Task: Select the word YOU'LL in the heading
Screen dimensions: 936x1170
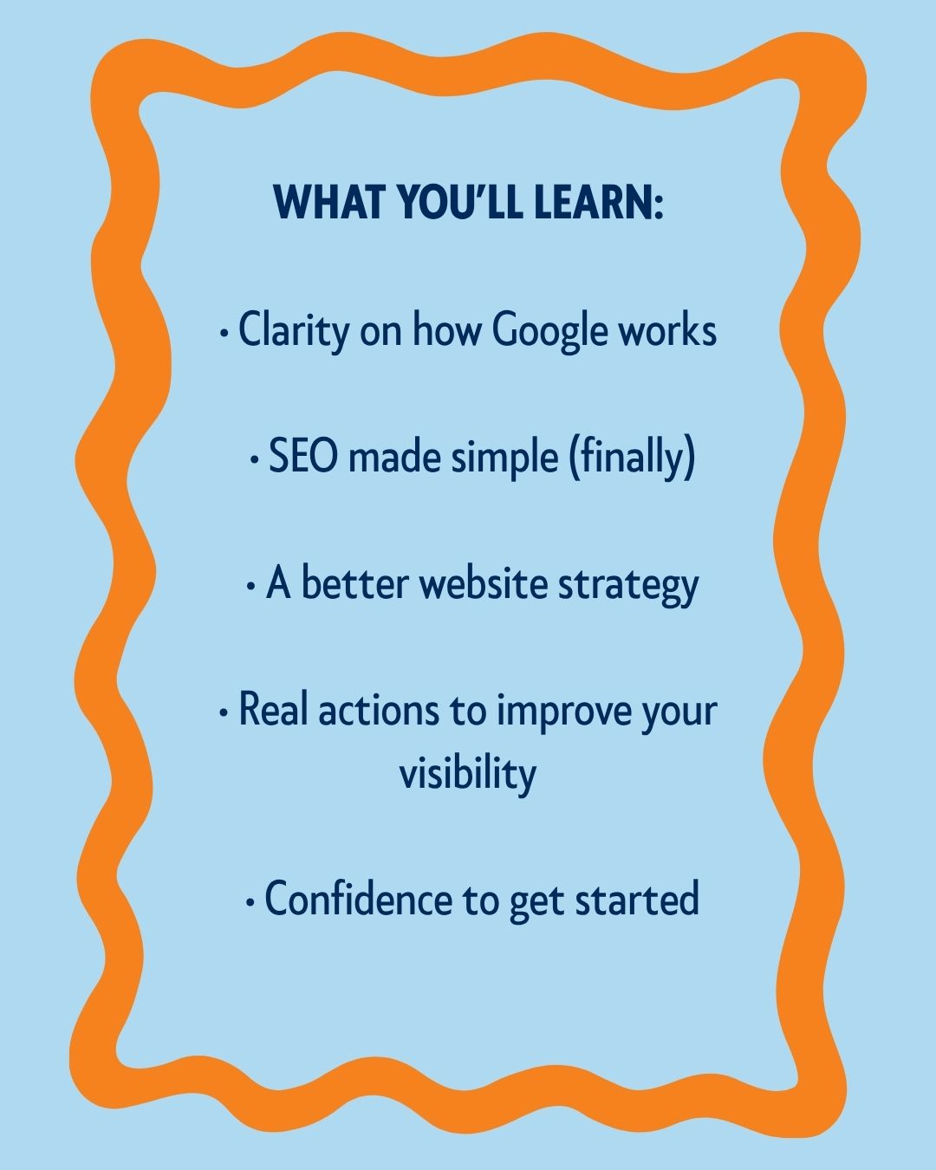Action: pos(458,202)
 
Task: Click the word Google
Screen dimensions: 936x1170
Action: pos(549,332)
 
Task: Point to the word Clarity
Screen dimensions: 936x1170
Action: pos(294,330)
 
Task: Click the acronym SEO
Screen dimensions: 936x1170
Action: pos(302,456)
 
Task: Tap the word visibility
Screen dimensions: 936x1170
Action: pos(468,775)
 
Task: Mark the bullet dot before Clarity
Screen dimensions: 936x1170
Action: pos(223,334)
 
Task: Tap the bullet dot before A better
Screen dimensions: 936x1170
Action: pos(250,587)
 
